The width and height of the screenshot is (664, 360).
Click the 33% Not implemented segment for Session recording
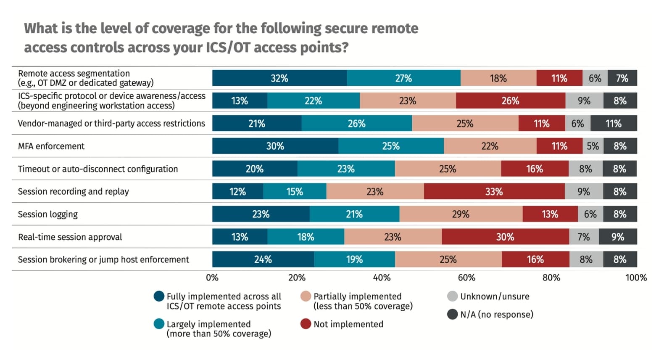pyautogui.click(x=494, y=192)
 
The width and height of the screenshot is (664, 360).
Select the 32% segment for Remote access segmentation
pyautogui.click(x=279, y=78)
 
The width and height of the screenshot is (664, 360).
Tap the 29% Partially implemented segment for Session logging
pyautogui.click(x=461, y=214)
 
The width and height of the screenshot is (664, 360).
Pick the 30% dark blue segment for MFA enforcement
pyautogui.click(x=275, y=146)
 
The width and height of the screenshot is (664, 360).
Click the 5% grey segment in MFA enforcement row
pyautogui.click(x=593, y=146)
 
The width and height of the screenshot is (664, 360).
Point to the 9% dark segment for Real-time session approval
pyautogui.click(x=618, y=237)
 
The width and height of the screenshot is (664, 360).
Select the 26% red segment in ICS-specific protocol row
pyautogui.click(x=510, y=101)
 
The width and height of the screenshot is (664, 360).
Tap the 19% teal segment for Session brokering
pyautogui.click(x=354, y=259)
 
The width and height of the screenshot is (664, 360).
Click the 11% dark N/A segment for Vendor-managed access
pyautogui.click(x=614, y=124)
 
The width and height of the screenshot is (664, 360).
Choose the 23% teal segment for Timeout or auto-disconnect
pyautogui.click(x=346, y=169)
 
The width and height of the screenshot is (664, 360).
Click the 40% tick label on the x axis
pyautogui.click(x=382, y=278)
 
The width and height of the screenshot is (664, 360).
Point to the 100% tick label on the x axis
pyautogui.click(x=636, y=278)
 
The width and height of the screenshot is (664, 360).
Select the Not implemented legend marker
pyautogui.click(x=306, y=324)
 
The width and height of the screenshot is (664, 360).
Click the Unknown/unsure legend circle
pyautogui.click(x=452, y=296)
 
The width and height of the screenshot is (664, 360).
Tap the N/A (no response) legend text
pyautogui.click(x=497, y=315)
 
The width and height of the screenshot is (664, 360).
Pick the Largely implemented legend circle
pyautogui.click(x=159, y=324)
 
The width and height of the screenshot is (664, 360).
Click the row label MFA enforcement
pyautogui.click(x=51, y=146)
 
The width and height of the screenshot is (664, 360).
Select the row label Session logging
pyautogui.click(x=48, y=214)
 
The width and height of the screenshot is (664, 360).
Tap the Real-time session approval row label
pyautogui.click(x=70, y=237)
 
